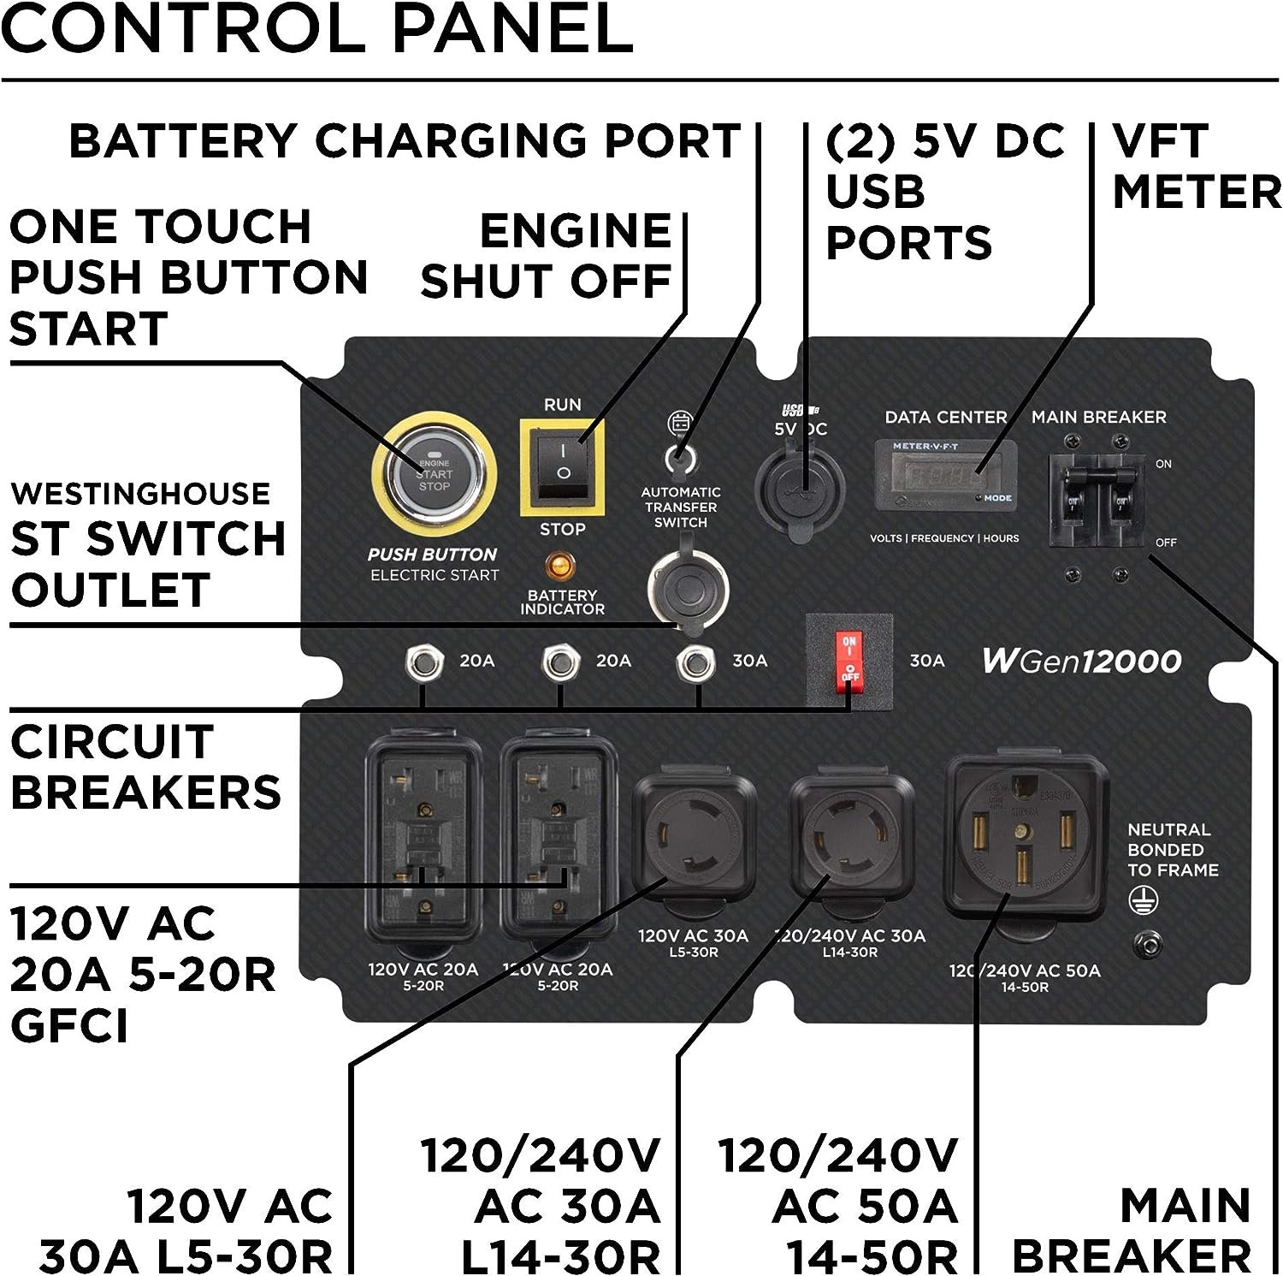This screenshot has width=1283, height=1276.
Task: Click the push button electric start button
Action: [434, 473]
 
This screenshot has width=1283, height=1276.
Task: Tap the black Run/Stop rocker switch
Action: [562, 466]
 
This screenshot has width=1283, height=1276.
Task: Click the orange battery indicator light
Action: [561, 567]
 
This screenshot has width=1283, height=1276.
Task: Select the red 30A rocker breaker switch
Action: [849, 659]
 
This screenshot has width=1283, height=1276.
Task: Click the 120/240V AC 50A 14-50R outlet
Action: [1025, 839]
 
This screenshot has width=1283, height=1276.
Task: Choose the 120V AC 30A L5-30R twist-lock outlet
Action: [694, 839]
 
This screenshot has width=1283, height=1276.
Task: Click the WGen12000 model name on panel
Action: [1081, 661]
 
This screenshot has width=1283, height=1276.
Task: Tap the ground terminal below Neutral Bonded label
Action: [1148, 943]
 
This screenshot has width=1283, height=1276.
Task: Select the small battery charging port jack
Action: [680, 460]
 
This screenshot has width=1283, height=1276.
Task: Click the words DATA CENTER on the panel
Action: [945, 418]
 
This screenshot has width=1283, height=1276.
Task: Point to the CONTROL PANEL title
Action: [316, 29]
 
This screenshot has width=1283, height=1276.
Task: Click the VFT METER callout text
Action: [1195, 166]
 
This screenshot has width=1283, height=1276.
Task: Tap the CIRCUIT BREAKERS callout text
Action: [145, 767]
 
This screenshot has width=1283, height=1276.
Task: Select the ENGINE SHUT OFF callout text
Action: [547, 256]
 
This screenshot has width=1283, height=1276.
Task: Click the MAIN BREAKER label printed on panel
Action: [1098, 418]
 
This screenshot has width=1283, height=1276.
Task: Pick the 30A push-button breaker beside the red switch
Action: [695, 662]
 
